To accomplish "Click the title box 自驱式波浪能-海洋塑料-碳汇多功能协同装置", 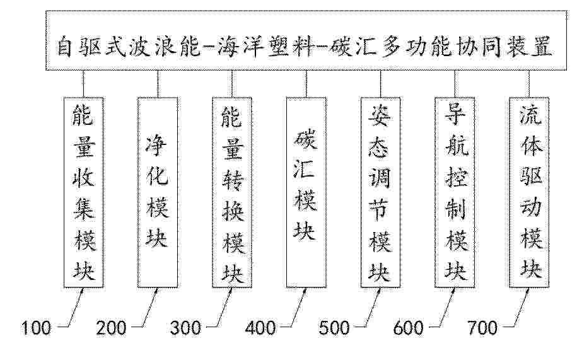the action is [306, 40].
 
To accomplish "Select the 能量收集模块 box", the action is [83, 192].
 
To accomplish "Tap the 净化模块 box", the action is [158, 192].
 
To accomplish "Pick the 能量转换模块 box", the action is [232, 192].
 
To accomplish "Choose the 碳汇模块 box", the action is [306, 192].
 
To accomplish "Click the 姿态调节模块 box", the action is [380, 192].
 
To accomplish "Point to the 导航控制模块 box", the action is [455, 192].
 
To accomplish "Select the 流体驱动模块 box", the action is [529, 192].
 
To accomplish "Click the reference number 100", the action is [36, 328].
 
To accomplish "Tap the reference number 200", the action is [111, 328].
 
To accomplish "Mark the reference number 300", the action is [186, 328].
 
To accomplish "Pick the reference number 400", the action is [260, 328].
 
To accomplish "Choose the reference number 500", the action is [334, 328].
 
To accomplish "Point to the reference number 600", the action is [409, 328].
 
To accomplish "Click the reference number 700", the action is [482, 328].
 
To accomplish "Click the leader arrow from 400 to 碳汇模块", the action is [298, 308].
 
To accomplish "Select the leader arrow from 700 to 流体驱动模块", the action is [520, 308].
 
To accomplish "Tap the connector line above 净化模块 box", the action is [158, 84].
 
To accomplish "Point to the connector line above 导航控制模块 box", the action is [455, 84].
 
